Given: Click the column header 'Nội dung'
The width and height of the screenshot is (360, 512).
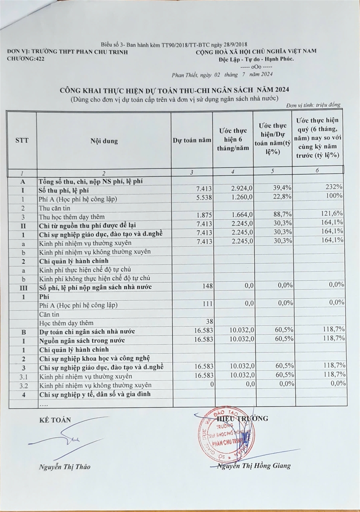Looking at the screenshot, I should coord(104,141).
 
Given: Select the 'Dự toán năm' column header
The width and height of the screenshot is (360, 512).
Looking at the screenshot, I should coord(192,141).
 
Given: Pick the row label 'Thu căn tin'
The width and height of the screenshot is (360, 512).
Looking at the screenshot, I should coord(56,208).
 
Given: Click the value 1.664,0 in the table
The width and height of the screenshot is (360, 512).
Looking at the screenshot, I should coord(244,217).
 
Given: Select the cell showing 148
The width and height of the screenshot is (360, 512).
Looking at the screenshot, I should coord(207,287).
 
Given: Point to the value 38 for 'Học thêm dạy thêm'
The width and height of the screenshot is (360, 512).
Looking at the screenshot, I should coord(209,323).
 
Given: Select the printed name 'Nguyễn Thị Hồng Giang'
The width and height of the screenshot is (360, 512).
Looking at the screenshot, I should coord(254,465).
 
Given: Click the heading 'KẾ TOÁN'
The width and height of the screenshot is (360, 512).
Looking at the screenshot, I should coord(55,420).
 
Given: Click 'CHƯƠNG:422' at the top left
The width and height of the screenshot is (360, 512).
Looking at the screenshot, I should coord(25,59).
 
